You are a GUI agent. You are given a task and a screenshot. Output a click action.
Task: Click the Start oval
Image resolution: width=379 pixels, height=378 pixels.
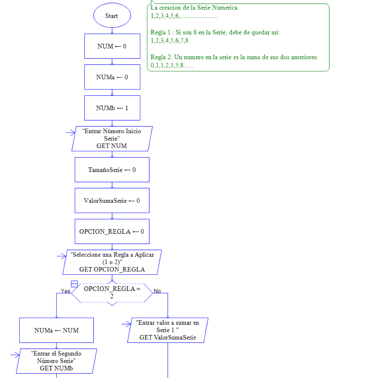click(x=112, y=16)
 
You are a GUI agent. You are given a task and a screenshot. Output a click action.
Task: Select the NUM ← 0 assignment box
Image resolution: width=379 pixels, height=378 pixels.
click(x=112, y=46)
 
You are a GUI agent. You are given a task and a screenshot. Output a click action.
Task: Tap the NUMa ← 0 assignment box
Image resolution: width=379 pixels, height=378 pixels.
click(x=112, y=77)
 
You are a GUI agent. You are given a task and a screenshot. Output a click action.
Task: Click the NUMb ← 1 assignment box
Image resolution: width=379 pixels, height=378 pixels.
click(x=112, y=108)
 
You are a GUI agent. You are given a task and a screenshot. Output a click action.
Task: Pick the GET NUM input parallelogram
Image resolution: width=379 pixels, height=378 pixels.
click(x=112, y=139)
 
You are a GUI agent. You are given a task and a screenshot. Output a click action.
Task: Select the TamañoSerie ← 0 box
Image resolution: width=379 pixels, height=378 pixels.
click(x=112, y=170)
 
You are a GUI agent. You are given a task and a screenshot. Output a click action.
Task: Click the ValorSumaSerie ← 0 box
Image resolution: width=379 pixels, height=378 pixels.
click(x=112, y=200)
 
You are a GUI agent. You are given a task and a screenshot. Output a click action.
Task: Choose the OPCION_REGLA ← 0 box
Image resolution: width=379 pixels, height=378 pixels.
click(x=112, y=232)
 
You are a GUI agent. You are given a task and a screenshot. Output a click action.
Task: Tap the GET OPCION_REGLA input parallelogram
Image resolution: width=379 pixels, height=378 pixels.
click(x=112, y=262)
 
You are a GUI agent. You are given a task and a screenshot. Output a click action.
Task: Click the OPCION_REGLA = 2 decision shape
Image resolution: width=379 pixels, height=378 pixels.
click(x=112, y=293)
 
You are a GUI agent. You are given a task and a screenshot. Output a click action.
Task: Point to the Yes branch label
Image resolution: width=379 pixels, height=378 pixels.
click(x=66, y=291)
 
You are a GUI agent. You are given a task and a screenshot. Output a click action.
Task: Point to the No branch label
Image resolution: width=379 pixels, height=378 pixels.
click(x=157, y=291)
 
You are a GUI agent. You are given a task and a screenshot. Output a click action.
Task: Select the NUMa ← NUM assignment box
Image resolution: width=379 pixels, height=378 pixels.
click(x=56, y=330)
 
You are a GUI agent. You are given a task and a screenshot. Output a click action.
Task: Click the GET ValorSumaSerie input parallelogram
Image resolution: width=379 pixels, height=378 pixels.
click(x=168, y=330)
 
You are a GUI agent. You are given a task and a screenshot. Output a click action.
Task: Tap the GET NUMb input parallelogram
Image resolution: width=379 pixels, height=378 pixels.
click(x=56, y=361)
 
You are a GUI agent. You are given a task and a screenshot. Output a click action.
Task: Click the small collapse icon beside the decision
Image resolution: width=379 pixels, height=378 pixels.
click(x=74, y=284)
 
